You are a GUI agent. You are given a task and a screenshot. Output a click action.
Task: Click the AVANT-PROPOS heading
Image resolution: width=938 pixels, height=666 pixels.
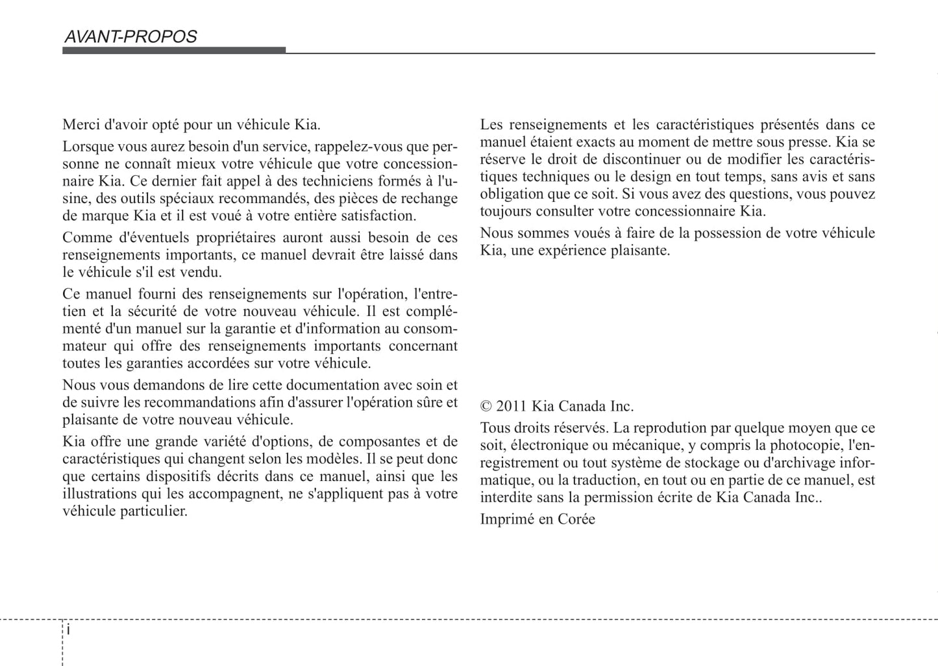tap(130, 37)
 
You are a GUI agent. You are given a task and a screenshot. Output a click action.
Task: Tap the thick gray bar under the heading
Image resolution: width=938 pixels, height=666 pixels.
tap(173, 51)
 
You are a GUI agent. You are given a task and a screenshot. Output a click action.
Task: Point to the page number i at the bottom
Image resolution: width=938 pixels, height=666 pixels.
tap(68, 630)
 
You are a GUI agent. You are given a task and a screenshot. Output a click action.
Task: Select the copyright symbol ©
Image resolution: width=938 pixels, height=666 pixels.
tap(486, 407)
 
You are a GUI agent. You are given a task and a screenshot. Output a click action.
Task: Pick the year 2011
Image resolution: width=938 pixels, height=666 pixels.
tap(512, 407)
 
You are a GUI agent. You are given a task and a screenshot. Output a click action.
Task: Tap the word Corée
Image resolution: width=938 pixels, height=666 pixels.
tap(576, 519)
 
